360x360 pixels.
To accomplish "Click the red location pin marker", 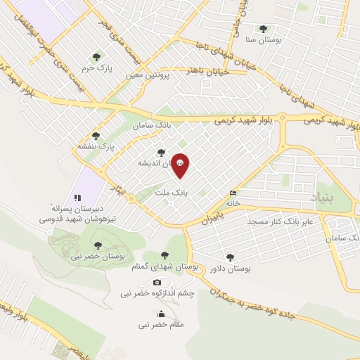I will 181,164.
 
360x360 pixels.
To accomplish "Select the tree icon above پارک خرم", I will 96,56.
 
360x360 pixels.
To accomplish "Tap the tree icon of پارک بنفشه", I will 96,136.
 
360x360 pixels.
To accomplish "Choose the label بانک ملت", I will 172,191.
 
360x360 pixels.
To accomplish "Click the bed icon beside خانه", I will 233,193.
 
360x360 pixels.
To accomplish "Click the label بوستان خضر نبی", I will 98,256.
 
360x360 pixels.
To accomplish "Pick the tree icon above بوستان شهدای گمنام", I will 165,255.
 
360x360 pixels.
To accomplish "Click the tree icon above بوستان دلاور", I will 230,257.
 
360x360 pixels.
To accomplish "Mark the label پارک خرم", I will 97,67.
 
